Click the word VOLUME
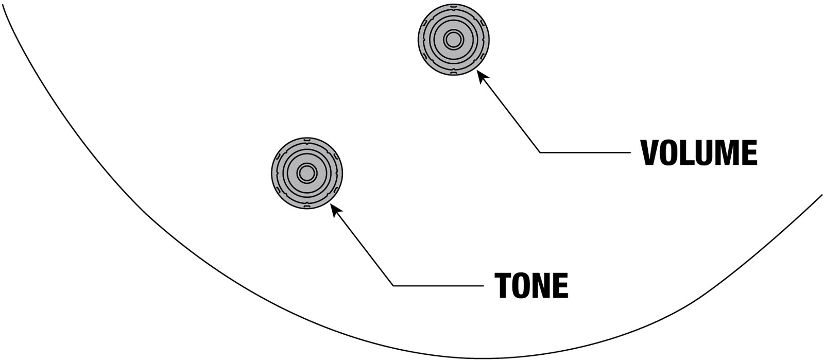click(x=699, y=152)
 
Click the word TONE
click(x=531, y=285)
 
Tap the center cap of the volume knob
click(x=453, y=40)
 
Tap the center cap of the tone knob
click(x=306, y=173)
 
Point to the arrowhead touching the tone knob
click(x=335, y=210)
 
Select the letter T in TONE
click(x=503, y=285)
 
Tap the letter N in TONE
click(x=542, y=285)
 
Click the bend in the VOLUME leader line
click(x=540, y=152)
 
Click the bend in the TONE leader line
click(x=393, y=285)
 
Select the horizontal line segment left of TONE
click(x=438, y=285)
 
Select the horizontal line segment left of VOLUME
click(x=585, y=152)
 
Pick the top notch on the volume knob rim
click(x=453, y=6)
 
